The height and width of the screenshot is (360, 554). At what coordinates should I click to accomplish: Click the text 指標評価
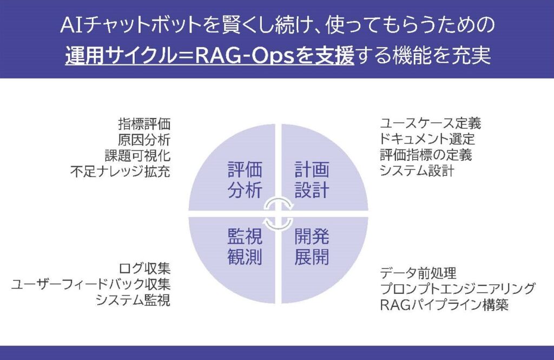pyautogui.click(x=144, y=123)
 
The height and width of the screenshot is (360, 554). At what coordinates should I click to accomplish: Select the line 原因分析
pyautogui.click(x=144, y=139)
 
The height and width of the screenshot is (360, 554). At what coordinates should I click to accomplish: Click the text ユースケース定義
pyautogui.click(x=431, y=123)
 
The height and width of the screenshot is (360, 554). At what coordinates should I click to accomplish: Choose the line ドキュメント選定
pyautogui.click(x=427, y=139)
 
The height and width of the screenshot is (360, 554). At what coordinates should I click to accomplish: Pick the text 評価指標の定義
pyautogui.click(x=426, y=155)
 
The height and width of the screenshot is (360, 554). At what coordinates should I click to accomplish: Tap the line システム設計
pyautogui.click(x=417, y=171)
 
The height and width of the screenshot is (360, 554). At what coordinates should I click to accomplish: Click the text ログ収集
pyautogui.click(x=144, y=268)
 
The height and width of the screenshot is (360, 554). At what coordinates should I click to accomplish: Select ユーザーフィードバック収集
pyautogui.click(x=91, y=284)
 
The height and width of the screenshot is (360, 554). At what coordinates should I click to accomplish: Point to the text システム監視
pyautogui.click(x=133, y=300)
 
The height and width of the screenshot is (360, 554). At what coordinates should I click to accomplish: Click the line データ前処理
pyautogui.click(x=419, y=272)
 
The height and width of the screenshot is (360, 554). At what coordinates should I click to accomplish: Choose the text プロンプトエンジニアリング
pyautogui.click(x=458, y=288)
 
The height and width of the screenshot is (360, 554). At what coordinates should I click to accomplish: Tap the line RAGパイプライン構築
pyautogui.click(x=444, y=304)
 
